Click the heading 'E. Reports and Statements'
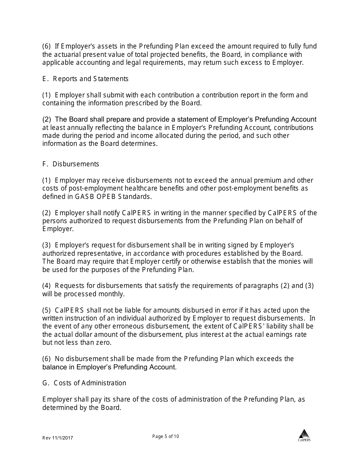[85, 79]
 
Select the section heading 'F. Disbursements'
[71, 164]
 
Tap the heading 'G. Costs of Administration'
[84, 383]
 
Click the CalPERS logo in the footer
[304, 435]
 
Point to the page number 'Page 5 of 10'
[166, 436]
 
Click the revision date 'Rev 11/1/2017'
[58, 438]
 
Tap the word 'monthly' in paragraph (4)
[111, 294]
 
